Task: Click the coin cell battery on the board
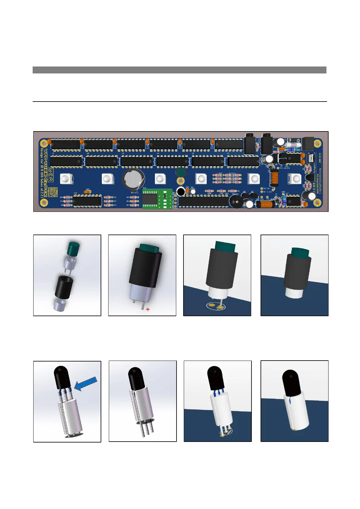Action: tap(133, 180)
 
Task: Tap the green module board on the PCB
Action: tap(157, 199)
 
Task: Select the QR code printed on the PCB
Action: tap(53, 192)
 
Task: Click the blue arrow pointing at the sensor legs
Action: tap(86, 383)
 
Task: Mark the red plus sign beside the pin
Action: tap(148, 309)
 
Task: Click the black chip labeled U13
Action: tap(87, 201)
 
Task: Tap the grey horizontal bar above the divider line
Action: tap(180, 70)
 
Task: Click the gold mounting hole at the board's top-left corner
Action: tap(43, 142)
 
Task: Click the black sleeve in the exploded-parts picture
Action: tap(64, 286)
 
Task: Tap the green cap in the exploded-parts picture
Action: tap(74, 248)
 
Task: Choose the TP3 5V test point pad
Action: tap(262, 189)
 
